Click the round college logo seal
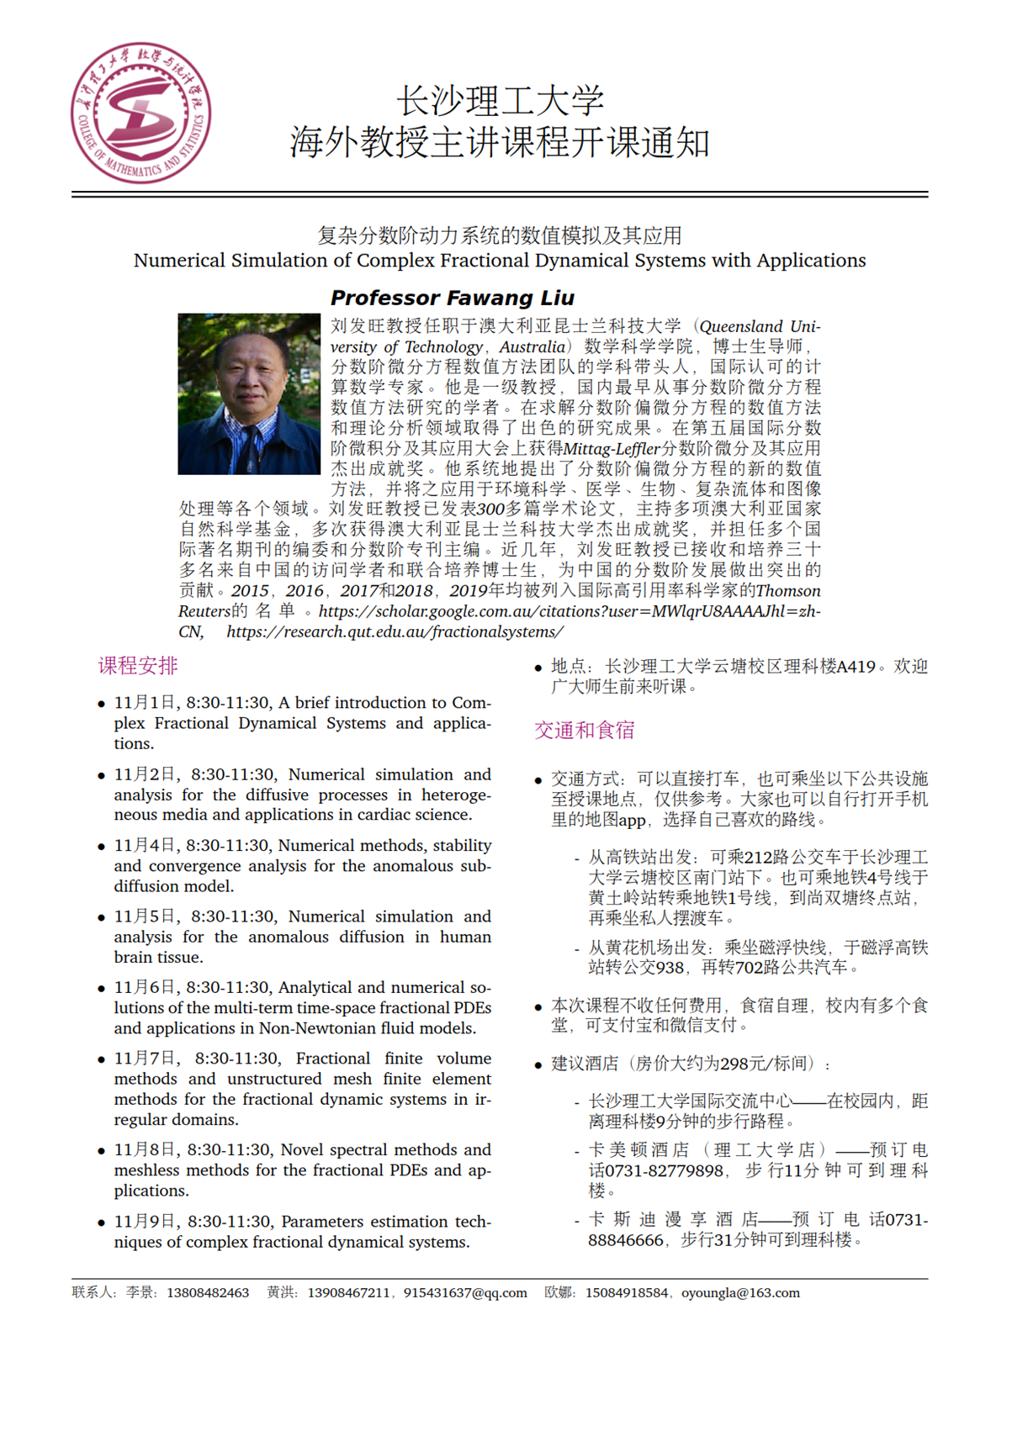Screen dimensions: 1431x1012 [140, 114]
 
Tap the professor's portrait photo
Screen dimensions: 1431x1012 [249, 393]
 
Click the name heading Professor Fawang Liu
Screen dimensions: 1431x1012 [452, 298]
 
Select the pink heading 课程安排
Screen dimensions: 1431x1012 [138, 666]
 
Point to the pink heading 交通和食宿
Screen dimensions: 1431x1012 [584, 730]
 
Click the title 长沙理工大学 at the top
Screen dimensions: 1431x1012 [500, 101]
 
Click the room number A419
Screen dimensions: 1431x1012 [856, 667]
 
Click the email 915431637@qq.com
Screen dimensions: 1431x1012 [465, 1293]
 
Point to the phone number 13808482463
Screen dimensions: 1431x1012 [208, 1293]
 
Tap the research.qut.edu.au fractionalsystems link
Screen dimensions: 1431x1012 [395, 631]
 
